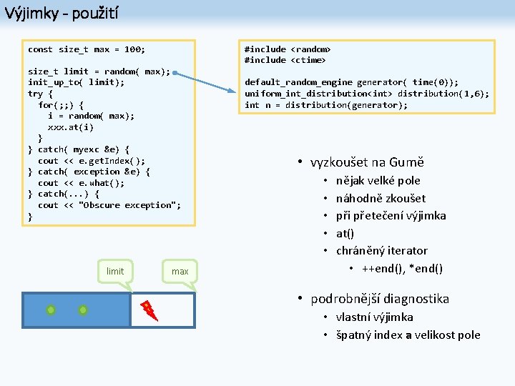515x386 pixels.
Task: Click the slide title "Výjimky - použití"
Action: (x=62, y=12)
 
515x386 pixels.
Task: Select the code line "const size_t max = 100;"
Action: (x=86, y=49)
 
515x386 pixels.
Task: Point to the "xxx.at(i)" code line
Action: (x=71, y=127)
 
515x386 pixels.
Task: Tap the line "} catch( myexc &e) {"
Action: (x=79, y=149)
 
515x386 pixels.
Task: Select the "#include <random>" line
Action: (x=288, y=49)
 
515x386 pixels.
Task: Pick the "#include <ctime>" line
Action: (x=285, y=60)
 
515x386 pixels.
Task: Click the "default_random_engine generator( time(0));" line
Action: (x=351, y=82)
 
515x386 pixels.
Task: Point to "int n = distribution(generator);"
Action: (x=326, y=105)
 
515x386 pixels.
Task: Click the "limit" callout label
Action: (x=115, y=271)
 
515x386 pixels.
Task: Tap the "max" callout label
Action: (x=180, y=271)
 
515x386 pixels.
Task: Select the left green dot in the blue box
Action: (x=51, y=310)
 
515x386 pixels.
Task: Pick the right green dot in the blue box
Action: (x=83, y=310)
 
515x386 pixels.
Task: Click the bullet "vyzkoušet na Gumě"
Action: (x=367, y=162)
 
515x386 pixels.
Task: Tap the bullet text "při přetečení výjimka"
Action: (x=391, y=215)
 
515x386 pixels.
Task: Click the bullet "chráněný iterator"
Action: (x=381, y=250)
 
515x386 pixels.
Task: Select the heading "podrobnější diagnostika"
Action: (x=380, y=299)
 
